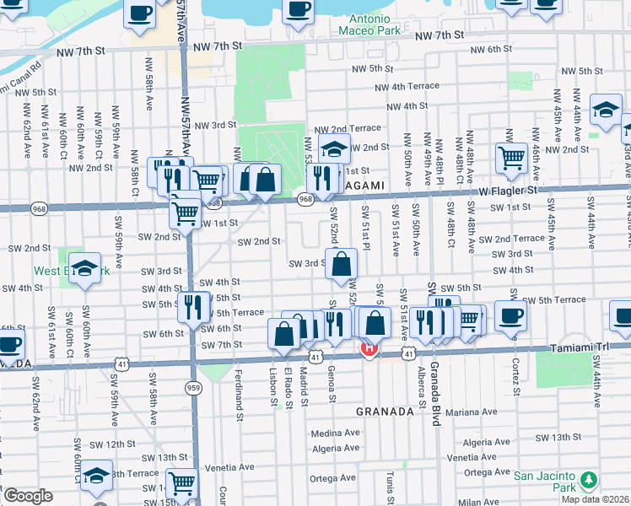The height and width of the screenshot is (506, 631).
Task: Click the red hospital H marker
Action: (369, 347)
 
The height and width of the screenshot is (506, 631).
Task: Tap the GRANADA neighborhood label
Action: (384, 412)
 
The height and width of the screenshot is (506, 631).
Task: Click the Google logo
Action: (28, 496)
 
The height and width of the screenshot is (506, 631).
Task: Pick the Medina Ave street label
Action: (335, 433)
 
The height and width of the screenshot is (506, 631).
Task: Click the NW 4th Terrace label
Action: (407, 86)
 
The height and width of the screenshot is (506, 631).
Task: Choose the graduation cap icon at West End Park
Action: (84, 269)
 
